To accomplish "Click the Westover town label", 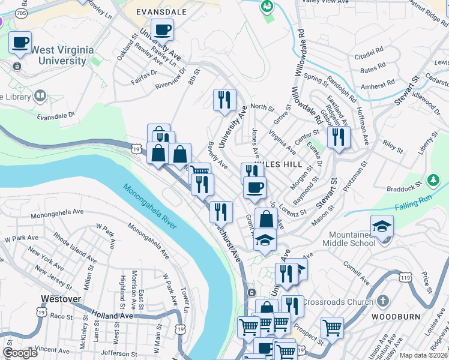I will [61, 298].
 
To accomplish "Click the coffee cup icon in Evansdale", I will [162, 29].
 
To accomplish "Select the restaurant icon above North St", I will [224, 100].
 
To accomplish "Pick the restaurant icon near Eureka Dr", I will [339, 137].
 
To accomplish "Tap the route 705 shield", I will [22, 12].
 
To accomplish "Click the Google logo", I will [20, 353].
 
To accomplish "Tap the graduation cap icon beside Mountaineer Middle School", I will [382, 226].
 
